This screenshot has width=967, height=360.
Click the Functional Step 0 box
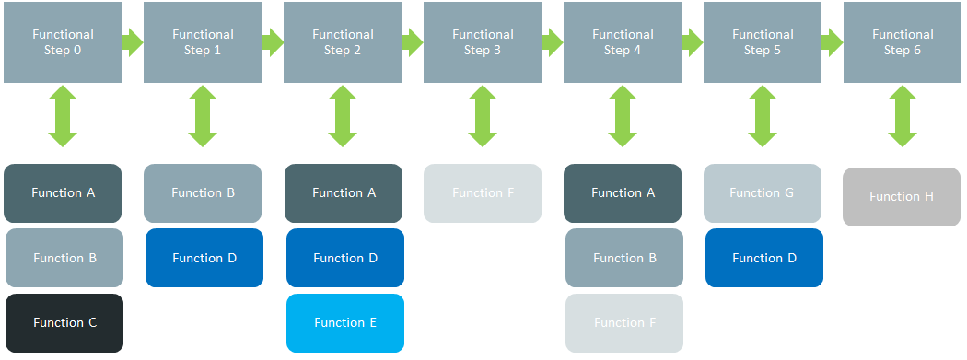coord(63,42)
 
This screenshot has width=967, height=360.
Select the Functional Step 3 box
coord(483,42)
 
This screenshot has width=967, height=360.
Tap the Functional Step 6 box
coord(903,42)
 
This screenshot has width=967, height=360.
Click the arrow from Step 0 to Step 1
coord(133,41)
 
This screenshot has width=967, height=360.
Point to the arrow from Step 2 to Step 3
coord(413,41)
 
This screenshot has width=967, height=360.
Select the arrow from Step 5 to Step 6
coord(833,41)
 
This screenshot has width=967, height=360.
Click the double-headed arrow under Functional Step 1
coord(203,116)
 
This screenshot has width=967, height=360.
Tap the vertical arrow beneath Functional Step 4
coord(623,116)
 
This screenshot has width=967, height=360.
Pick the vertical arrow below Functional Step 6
coord(903,116)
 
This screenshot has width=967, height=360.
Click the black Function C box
coord(64,323)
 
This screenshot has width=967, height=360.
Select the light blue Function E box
coord(345,323)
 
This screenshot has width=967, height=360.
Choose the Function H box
coord(902,197)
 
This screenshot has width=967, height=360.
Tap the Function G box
coord(762,193)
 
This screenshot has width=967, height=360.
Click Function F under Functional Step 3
coord(483,193)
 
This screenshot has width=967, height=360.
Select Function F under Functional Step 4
coord(624,323)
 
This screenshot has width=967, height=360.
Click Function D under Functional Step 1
coord(204,258)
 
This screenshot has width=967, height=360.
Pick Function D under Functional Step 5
coord(764,258)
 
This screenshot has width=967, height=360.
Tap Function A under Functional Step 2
coord(344,193)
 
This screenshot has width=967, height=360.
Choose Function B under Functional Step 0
coord(64,258)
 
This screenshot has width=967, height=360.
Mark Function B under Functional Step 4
coord(624,258)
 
